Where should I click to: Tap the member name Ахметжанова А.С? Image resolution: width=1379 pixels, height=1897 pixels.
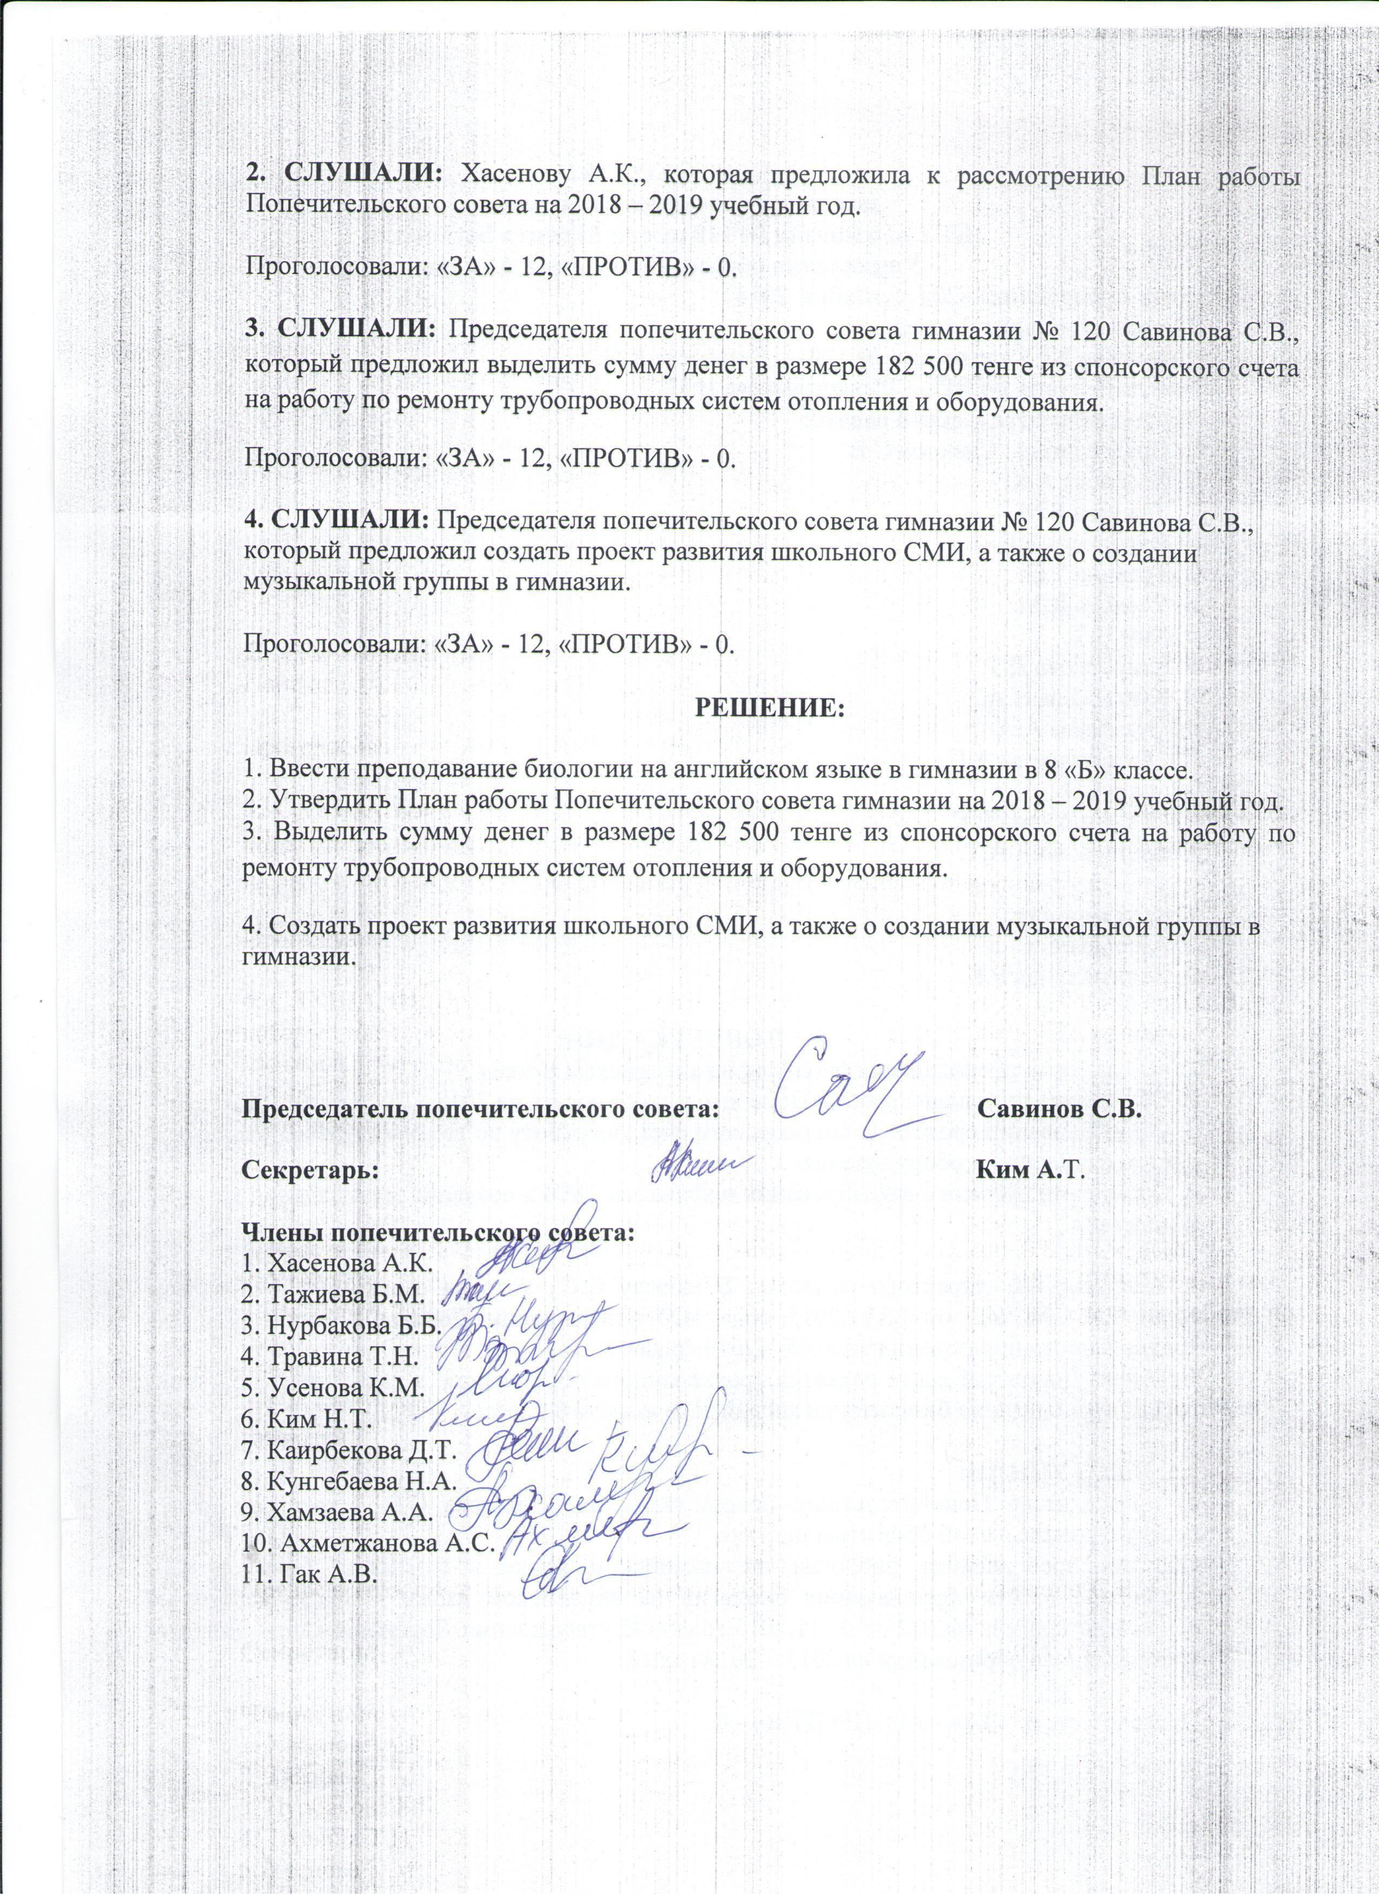[368, 1542]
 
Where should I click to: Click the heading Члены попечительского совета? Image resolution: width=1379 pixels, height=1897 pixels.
[437, 1233]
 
